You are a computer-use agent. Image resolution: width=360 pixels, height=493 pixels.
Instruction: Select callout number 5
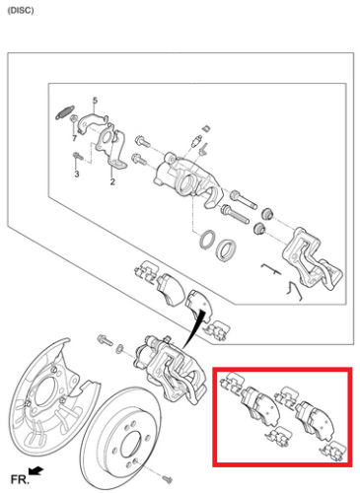tap(96, 101)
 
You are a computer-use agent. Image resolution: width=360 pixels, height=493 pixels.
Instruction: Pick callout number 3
tap(76, 175)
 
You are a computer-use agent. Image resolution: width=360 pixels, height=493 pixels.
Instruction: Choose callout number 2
tap(112, 181)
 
